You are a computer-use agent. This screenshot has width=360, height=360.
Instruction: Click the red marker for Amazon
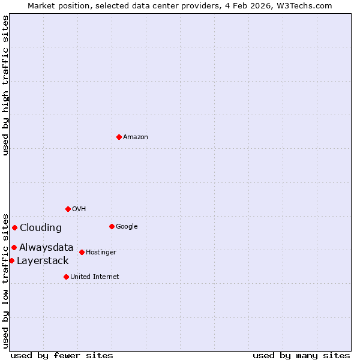point(119,137)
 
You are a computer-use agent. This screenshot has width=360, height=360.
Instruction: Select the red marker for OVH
point(68,209)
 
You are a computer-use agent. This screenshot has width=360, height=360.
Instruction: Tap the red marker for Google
point(112,226)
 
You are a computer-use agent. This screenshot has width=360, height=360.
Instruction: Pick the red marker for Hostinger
point(82,252)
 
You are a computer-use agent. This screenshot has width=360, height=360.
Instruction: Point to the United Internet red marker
point(66,277)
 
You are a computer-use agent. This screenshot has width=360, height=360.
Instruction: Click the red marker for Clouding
point(14,227)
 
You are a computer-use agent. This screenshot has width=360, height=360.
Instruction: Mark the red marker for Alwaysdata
point(14,247)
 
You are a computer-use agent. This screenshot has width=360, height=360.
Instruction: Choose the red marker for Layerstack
point(11,260)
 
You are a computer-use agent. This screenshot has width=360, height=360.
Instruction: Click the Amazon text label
point(136,137)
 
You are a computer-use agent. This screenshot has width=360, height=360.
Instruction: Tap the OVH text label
point(79,209)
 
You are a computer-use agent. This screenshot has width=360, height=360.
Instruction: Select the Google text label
point(127,226)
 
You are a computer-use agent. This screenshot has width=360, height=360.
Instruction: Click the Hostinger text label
point(101,252)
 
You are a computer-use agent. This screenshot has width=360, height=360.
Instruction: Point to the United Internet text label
point(95,277)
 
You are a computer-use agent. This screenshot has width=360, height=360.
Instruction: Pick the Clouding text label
point(41,227)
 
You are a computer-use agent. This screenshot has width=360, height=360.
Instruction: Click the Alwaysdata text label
point(46,247)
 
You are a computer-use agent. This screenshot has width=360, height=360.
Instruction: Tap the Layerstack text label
point(43,260)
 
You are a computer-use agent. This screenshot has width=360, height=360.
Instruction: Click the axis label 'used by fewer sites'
point(62,355)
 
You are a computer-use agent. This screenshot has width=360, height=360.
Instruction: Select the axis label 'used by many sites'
point(301,355)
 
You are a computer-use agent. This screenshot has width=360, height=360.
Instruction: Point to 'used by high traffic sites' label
point(5,85)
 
